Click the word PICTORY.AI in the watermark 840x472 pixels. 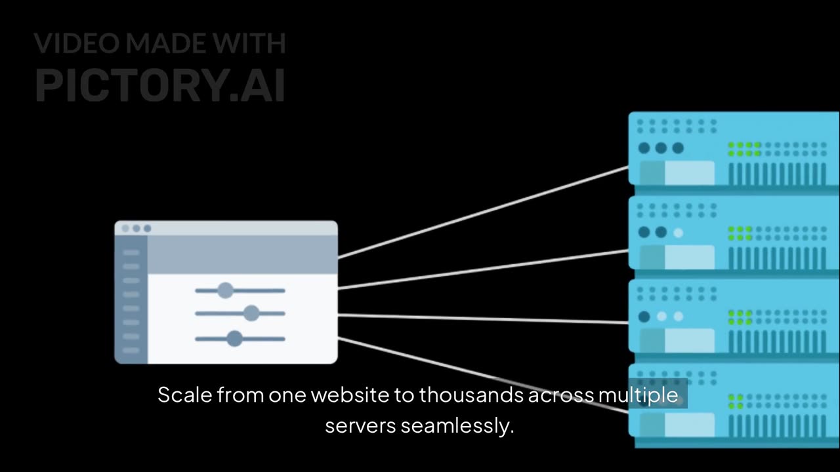(160, 85)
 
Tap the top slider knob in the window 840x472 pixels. (225, 290)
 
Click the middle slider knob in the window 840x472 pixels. (251, 313)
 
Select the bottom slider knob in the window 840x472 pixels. (234, 338)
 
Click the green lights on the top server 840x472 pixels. (744, 149)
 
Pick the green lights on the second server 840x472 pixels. (740, 233)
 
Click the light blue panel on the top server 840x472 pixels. (689, 172)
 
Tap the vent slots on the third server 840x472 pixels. (777, 342)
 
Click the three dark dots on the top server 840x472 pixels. (661, 148)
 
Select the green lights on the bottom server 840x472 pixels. (736, 402)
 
